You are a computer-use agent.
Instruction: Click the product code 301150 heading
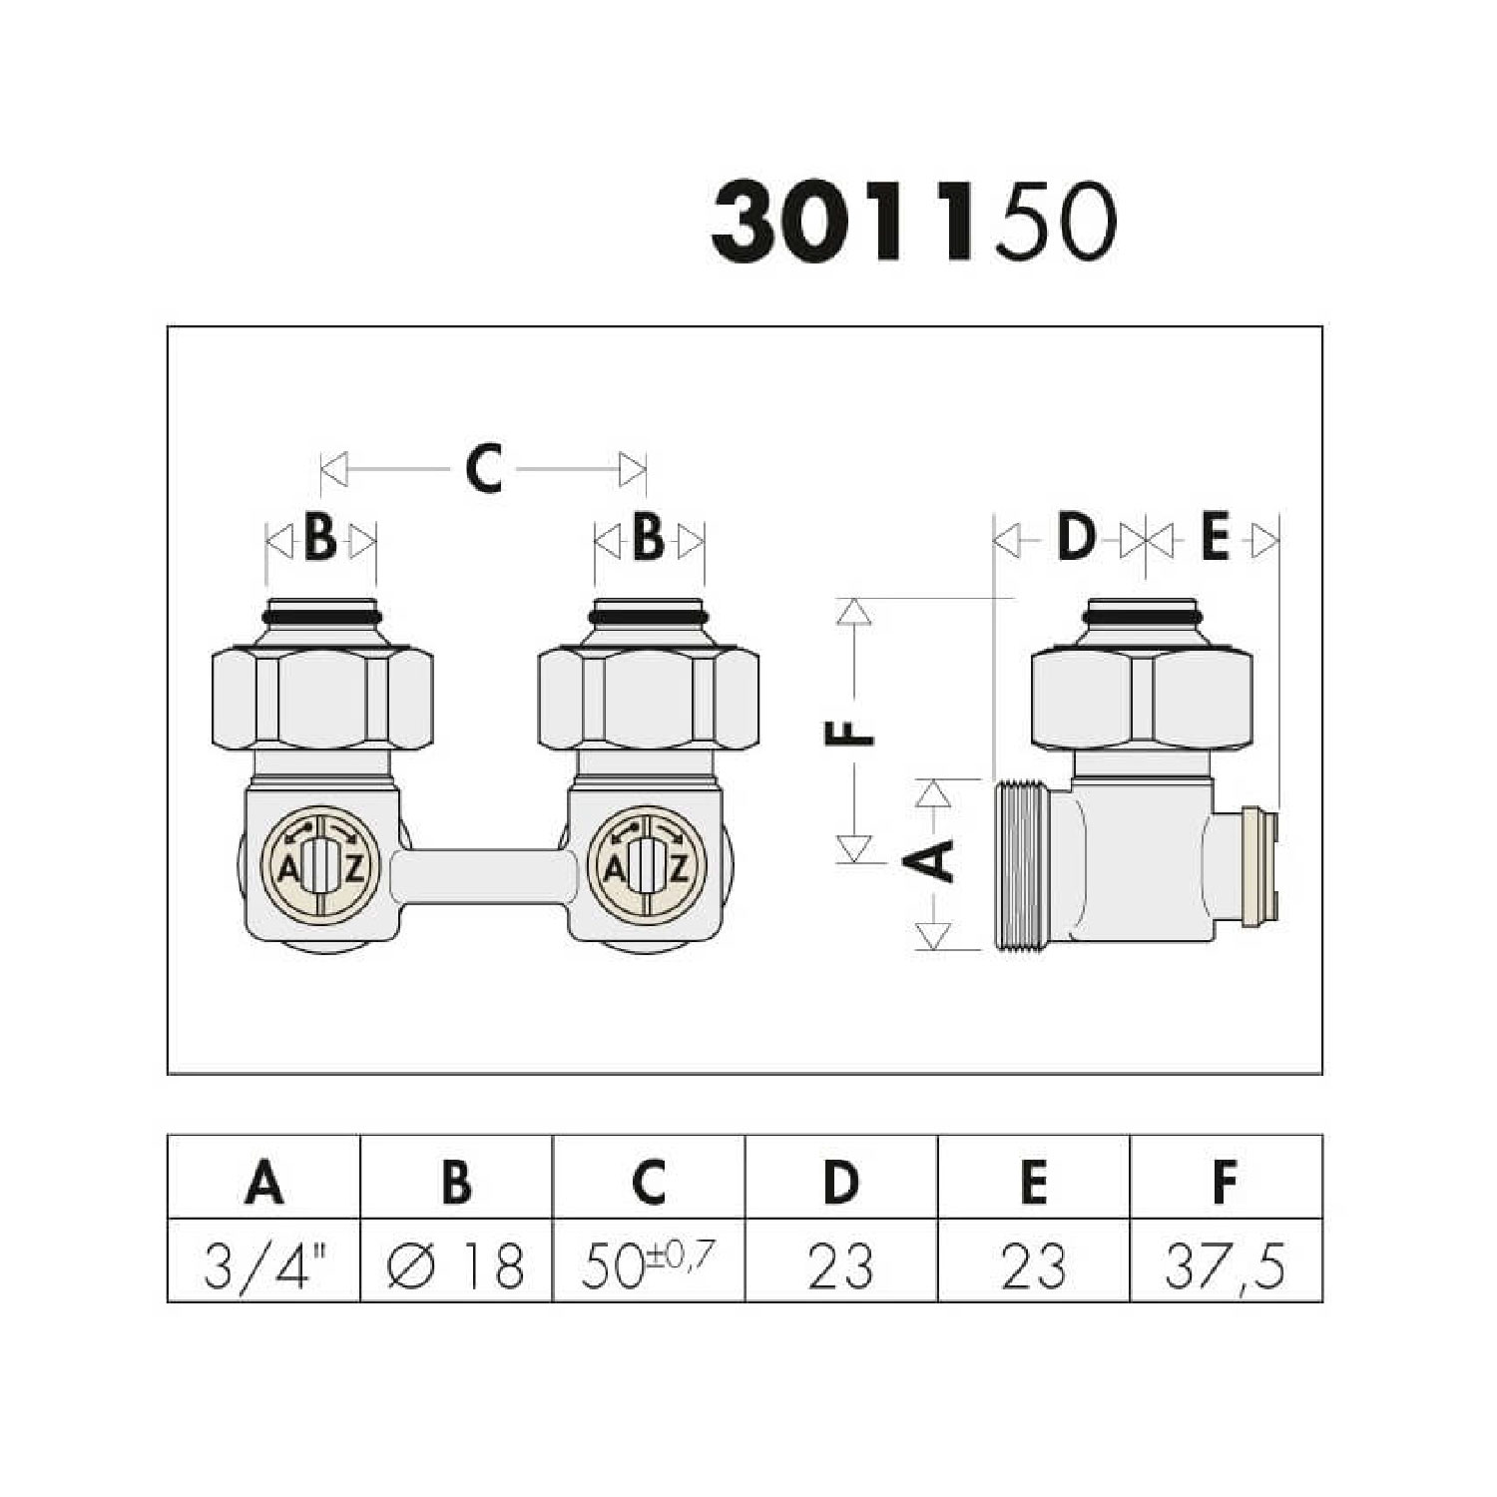pos(912,222)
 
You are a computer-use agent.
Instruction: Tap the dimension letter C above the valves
pos(484,468)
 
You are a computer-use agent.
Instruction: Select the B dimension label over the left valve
pos(320,540)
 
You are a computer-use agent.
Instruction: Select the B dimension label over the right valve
pos(649,540)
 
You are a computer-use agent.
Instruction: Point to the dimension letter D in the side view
pos(1076,539)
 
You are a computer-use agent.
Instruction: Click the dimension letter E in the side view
pos(1214,539)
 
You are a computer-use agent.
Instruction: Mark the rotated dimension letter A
pos(934,860)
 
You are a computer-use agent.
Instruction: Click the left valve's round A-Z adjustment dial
pos(320,865)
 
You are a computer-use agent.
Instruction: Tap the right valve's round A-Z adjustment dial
pos(649,865)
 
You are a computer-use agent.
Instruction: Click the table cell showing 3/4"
pos(263,1263)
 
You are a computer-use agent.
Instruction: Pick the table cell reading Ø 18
pos(456,1263)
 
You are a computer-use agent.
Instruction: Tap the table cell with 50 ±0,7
pos(648,1263)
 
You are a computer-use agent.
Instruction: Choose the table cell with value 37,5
pos(1225,1263)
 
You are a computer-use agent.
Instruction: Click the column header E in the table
pos(1034,1182)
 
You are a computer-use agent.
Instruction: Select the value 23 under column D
pos(840,1263)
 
